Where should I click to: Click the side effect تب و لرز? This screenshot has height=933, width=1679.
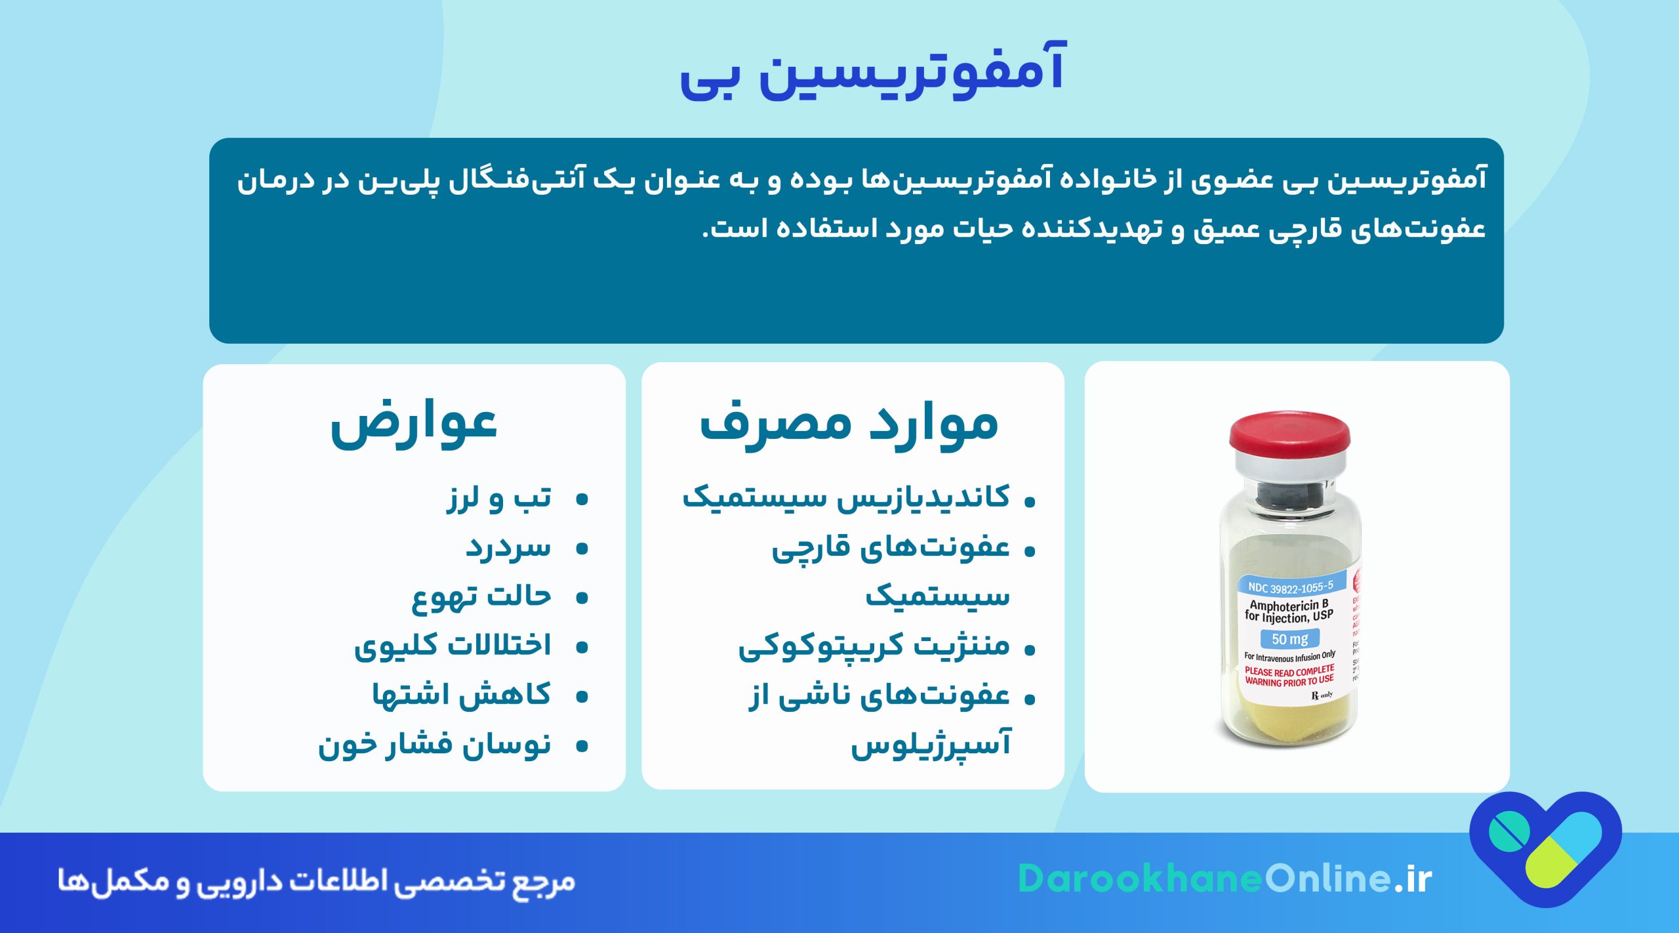tap(500, 499)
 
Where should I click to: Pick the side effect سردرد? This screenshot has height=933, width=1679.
tap(508, 548)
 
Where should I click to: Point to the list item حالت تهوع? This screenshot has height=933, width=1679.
tap(481, 597)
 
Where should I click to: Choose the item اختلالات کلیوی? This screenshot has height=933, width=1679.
tap(453, 646)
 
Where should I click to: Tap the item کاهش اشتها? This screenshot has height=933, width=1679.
tap(462, 695)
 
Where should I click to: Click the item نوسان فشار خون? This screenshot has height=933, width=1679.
tap(435, 745)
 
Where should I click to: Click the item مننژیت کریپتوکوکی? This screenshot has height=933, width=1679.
tap(874, 646)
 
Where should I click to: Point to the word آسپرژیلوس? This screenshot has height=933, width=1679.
tap(931, 745)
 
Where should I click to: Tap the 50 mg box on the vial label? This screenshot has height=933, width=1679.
tap(1289, 639)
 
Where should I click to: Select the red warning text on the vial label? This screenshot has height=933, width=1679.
tap(1289, 676)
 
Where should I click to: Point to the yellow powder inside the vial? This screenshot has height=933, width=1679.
tap(1285, 722)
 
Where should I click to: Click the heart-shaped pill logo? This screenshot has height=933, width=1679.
tap(1545, 846)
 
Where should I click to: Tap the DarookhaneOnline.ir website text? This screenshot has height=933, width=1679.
tap(1224, 879)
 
